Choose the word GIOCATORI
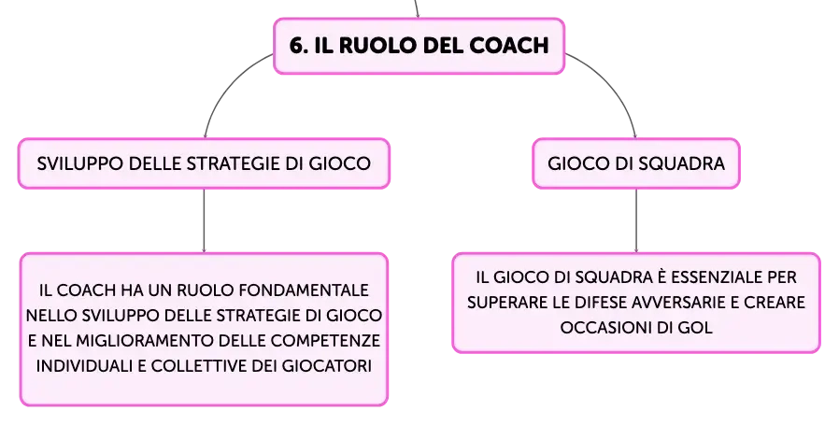(x=326, y=366)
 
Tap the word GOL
(x=696, y=328)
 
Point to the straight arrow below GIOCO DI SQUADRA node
(x=636, y=220)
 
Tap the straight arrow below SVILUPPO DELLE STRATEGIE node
(x=204, y=220)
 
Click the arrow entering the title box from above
(x=417, y=8)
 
